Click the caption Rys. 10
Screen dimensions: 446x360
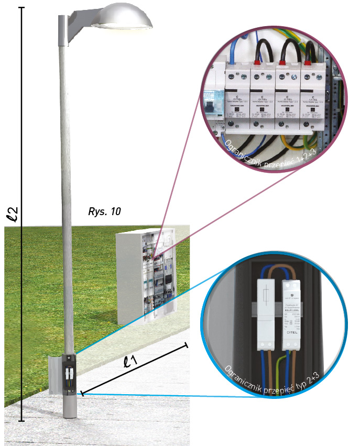(x=105, y=212)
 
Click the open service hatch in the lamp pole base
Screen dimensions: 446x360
(x=70, y=373)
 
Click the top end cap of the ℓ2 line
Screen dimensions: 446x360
(x=21, y=7)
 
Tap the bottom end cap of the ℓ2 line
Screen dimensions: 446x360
(x=21, y=421)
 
